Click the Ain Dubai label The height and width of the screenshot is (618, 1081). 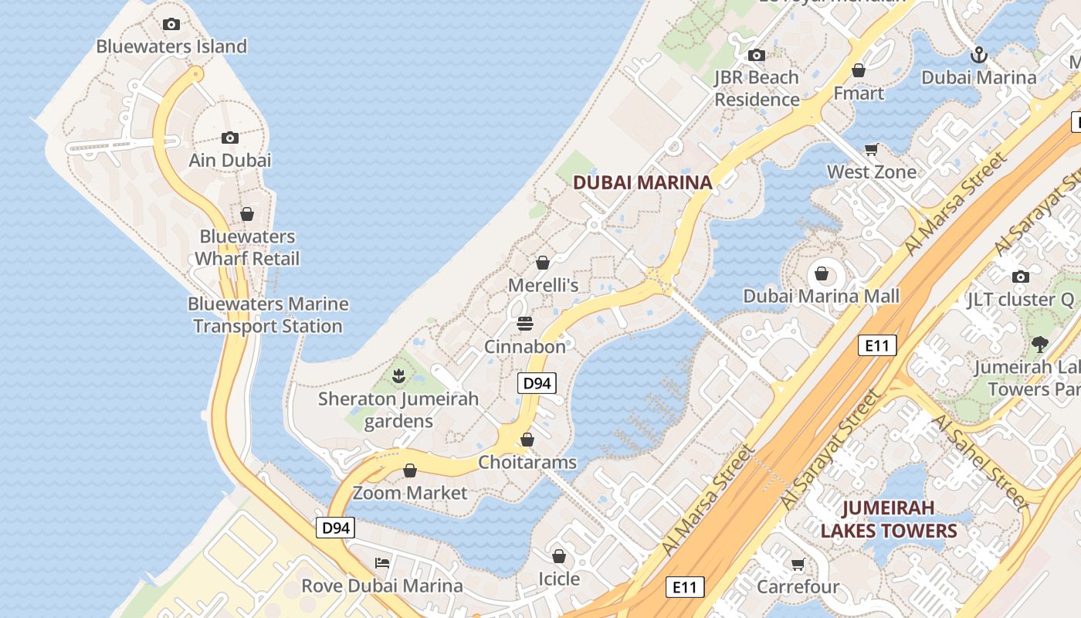pyautogui.click(x=230, y=160)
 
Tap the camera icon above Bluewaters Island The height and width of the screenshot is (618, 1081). pyautogui.click(x=171, y=25)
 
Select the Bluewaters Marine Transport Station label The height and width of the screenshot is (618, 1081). pyautogui.click(x=268, y=315)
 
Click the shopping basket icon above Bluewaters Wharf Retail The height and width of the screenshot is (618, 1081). pyautogui.click(x=247, y=214)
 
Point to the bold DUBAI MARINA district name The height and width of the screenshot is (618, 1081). pyautogui.click(x=642, y=183)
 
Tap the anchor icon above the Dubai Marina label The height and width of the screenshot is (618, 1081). pyautogui.click(x=978, y=55)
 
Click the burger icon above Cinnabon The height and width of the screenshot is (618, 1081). pyautogui.click(x=525, y=324)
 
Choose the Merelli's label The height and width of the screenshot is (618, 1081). pyautogui.click(x=543, y=285)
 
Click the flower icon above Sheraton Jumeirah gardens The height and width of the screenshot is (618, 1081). pyautogui.click(x=398, y=376)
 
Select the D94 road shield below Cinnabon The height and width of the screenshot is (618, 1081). pyautogui.click(x=537, y=383)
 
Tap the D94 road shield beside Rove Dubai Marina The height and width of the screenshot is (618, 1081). pyautogui.click(x=336, y=528)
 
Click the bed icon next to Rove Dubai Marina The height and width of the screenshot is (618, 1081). pyautogui.click(x=381, y=562)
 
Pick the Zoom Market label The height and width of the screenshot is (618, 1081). pyautogui.click(x=410, y=493)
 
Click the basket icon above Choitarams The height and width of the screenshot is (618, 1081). pyautogui.click(x=527, y=440)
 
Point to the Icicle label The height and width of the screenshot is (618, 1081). pyautogui.click(x=558, y=579)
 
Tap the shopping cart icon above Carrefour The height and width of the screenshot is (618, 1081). pyautogui.click(x=798, y=565)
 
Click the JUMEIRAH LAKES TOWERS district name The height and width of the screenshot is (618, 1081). pyautogui.click(x=888, y=519)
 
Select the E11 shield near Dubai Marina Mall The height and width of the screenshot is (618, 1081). pyautogui.click(x=877, y=345)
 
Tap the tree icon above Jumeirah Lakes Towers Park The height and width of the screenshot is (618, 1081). pyautogui.click(x=1039, y=345)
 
